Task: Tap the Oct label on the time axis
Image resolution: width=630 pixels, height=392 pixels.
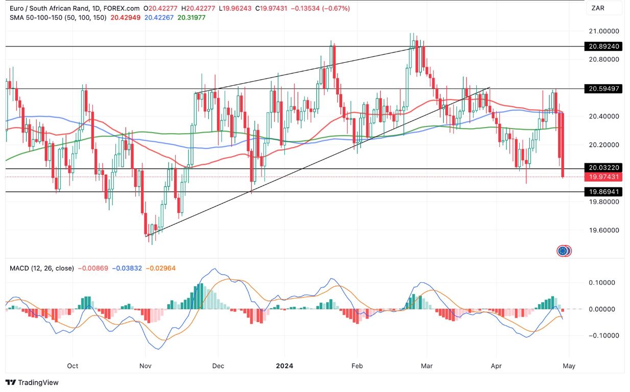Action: click(x=72, y=365)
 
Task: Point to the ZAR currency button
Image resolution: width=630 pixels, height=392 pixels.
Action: click(x=598, y=8)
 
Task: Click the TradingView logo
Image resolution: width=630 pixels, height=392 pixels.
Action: click(x=32, y=382)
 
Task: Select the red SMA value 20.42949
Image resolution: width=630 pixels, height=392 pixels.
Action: click(x=126, y=17)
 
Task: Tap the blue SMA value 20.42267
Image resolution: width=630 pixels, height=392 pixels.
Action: click(x=160, y=17)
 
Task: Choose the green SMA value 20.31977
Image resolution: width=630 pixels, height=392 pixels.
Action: click(x=191, y=17)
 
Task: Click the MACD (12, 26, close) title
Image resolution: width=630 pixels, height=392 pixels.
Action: click(x=42, y=268)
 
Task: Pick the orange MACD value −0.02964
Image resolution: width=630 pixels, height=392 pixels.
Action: click(x=160, y=268)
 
